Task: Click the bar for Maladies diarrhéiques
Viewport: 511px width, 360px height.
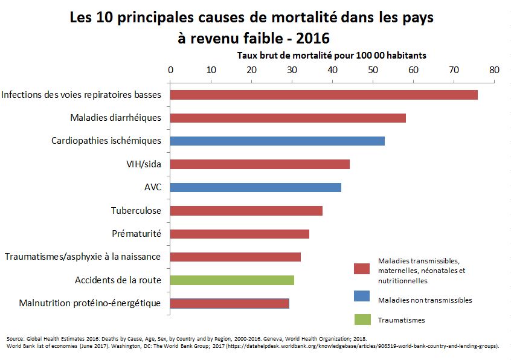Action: [288, 118]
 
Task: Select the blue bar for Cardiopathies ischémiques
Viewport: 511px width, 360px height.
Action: [277, 141]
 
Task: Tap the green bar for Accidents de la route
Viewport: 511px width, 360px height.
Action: [232, 280]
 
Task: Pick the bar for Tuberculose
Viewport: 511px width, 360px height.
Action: [246, 211]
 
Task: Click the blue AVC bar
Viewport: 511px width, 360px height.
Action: [256, 187]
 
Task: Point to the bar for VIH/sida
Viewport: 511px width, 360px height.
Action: [260, 164]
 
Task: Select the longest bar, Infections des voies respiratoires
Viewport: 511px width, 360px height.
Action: [324, 95]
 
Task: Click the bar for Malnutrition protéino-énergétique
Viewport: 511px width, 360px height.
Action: [230, 303]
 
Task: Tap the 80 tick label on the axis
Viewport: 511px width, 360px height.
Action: [494, 69]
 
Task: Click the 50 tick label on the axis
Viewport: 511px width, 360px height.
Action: [373, 69]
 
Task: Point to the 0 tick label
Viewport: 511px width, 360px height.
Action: [170, 69]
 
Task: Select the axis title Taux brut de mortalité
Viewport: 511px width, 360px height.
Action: [332, 55]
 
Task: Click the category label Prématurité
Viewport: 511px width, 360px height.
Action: [137, 234]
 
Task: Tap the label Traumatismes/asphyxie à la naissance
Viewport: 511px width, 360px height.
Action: [83, 257]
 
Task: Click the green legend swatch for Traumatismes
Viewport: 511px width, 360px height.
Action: [362, 320]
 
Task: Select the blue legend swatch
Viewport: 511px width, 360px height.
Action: [362, 300]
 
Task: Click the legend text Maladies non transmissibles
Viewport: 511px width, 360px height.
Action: [425, 300]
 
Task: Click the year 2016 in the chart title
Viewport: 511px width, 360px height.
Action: [310, 38]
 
